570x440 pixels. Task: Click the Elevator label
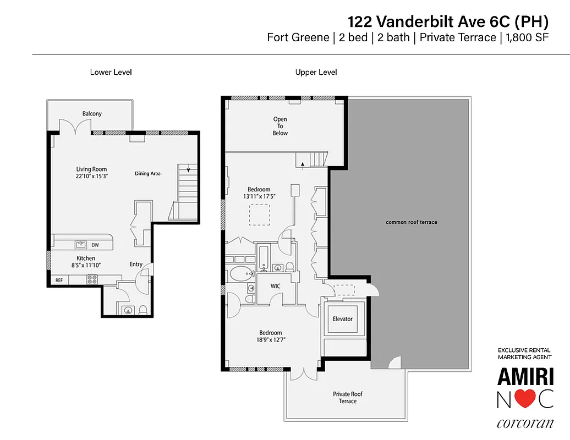(x=342, y=319)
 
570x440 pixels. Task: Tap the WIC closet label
(x=276, y=286)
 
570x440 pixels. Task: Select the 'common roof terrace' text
(x=411, y=222)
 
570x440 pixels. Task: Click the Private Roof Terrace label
(x=348, y=398)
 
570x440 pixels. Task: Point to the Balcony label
(x=92, y=114)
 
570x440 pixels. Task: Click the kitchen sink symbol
(x=81, y=244)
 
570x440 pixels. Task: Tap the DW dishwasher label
(x=95, y=245)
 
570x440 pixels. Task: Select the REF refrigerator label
(x=58, y=280)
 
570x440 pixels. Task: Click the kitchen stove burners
(x=91, y=280)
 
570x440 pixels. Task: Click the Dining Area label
(x=147, y=174)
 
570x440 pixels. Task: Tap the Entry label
(x=136, y=265)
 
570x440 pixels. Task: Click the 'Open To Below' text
(x=280, y=126)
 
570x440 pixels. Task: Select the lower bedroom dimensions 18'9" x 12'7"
(x=270, y=340)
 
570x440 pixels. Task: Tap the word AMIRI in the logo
(x=525, y=377)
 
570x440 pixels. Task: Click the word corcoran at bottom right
(x=525, y=424)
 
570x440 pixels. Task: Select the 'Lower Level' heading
(x=111, y=72)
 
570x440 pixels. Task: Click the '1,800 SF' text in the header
(x=527, y=38)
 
